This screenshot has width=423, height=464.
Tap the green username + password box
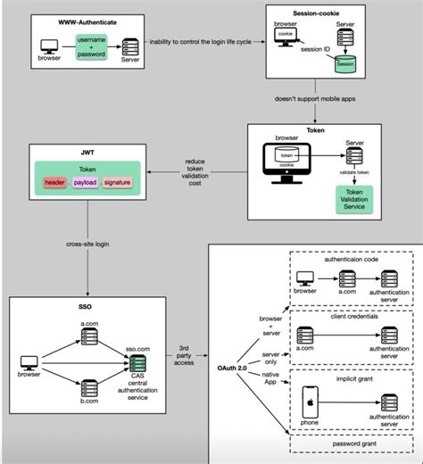point(92,47)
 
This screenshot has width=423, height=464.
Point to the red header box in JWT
point(54,182)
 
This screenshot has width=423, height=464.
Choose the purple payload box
point(86,182)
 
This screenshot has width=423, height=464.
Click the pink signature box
point(122,182)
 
